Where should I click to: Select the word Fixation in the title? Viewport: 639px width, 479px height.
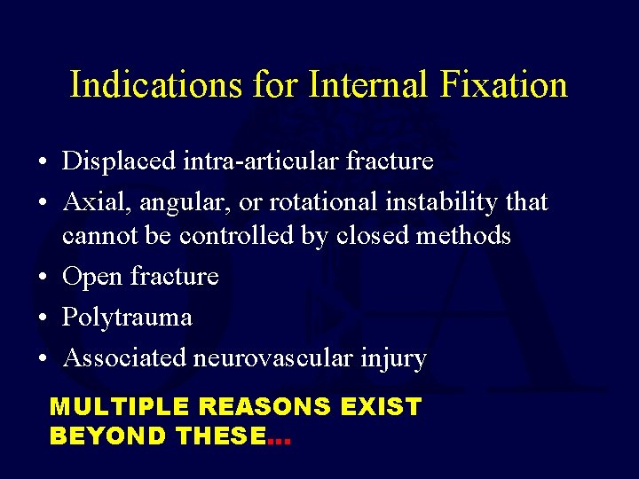[504, 85]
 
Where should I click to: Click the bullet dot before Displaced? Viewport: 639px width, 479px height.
[43, 162]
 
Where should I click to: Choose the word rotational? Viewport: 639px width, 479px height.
[327, 202]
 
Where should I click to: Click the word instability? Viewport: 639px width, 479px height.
[442, 202]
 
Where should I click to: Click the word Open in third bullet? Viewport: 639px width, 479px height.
[93, 277]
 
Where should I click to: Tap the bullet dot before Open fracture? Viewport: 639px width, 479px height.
[43, 277]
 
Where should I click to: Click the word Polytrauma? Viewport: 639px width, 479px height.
[127, 317]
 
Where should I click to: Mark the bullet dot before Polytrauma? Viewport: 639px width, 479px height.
[43, 318]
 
